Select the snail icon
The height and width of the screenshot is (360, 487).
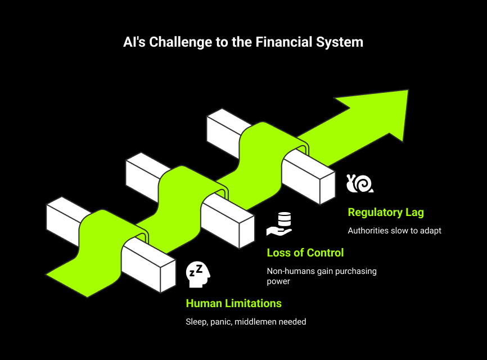(x=360, y=183)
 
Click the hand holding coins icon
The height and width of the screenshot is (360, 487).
(x=279, y=224)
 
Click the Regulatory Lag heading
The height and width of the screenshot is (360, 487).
(x=386, y=213)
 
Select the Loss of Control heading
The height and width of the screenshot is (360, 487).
(x=305, y=253)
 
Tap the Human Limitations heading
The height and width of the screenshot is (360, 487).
(x=233, y=303)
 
